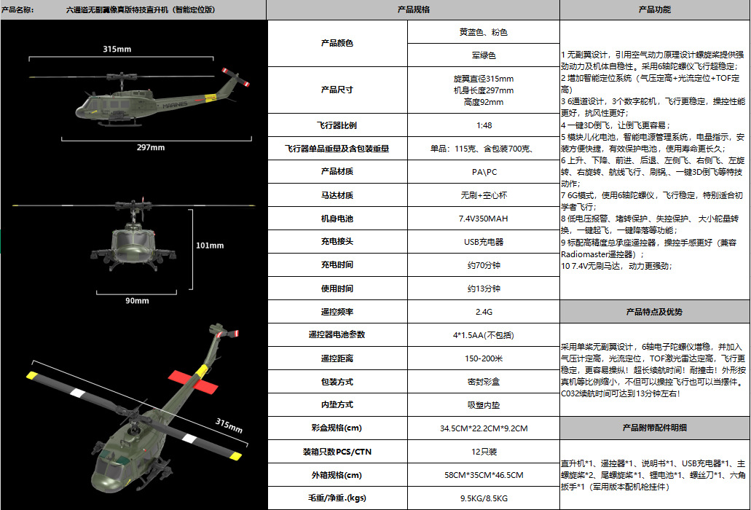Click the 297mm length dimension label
click(x=151, y=147)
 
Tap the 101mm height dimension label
click(x=210, y=245)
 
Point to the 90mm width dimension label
click(x=137, y=300)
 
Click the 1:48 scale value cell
click(x=483, y=125)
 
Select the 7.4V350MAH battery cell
click(x=483, y=218)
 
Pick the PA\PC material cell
click(x=483, y=171)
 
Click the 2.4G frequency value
click(x=483, y=311)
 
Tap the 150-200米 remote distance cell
click(x=483, y=358)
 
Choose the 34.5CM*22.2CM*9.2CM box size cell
click(x=483, y=428)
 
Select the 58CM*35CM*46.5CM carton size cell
click(x=483, y=475)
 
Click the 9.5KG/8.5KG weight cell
click(x=483, y=498)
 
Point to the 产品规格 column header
click(x=413, y=10)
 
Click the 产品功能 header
click(x=654, y=10)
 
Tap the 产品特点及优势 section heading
click(x=654, y=312)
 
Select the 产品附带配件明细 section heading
click(x=654, y=427)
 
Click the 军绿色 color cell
click(x=483, y=55)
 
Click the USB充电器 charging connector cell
click(x=483, y=241)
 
